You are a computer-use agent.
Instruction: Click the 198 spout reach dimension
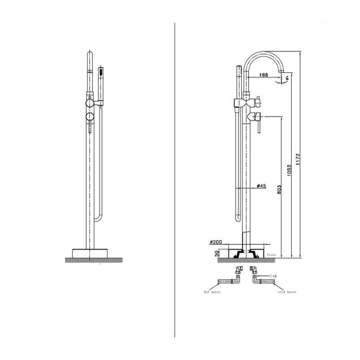[x=264, y=75]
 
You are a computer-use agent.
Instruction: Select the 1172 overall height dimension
[x=298, y=155]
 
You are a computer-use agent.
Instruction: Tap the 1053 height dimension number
[x=289, y=170]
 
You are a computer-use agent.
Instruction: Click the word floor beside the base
[x=271, y=254]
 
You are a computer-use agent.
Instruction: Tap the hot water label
[x=212, y=292]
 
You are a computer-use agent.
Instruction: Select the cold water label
[x=286, y=292]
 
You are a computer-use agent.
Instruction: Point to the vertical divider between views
[x=175, y=180]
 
